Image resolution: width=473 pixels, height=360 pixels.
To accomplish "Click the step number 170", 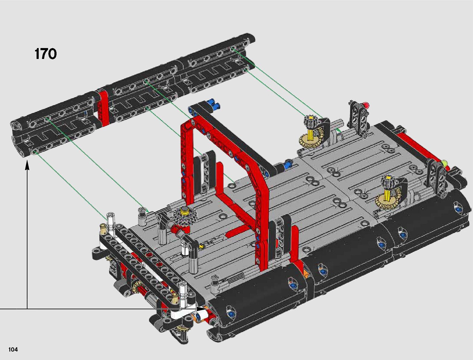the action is point(45,54).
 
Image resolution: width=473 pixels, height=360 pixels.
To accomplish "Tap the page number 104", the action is point(13,349).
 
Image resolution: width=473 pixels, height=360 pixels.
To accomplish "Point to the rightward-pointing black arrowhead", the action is point(202,309).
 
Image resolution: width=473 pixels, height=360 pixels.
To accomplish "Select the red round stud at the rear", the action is point(366,105).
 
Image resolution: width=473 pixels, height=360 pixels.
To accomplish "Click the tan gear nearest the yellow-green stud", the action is point(385,201).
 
